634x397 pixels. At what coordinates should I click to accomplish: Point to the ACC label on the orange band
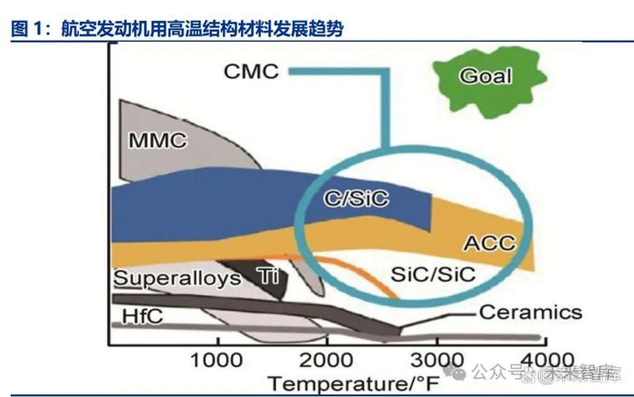[x=488, y=243]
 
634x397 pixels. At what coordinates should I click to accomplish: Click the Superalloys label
[x=177, y=276]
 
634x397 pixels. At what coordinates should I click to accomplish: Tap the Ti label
[x=267, y=275]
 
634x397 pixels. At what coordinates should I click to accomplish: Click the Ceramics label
[x=530, y=313]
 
